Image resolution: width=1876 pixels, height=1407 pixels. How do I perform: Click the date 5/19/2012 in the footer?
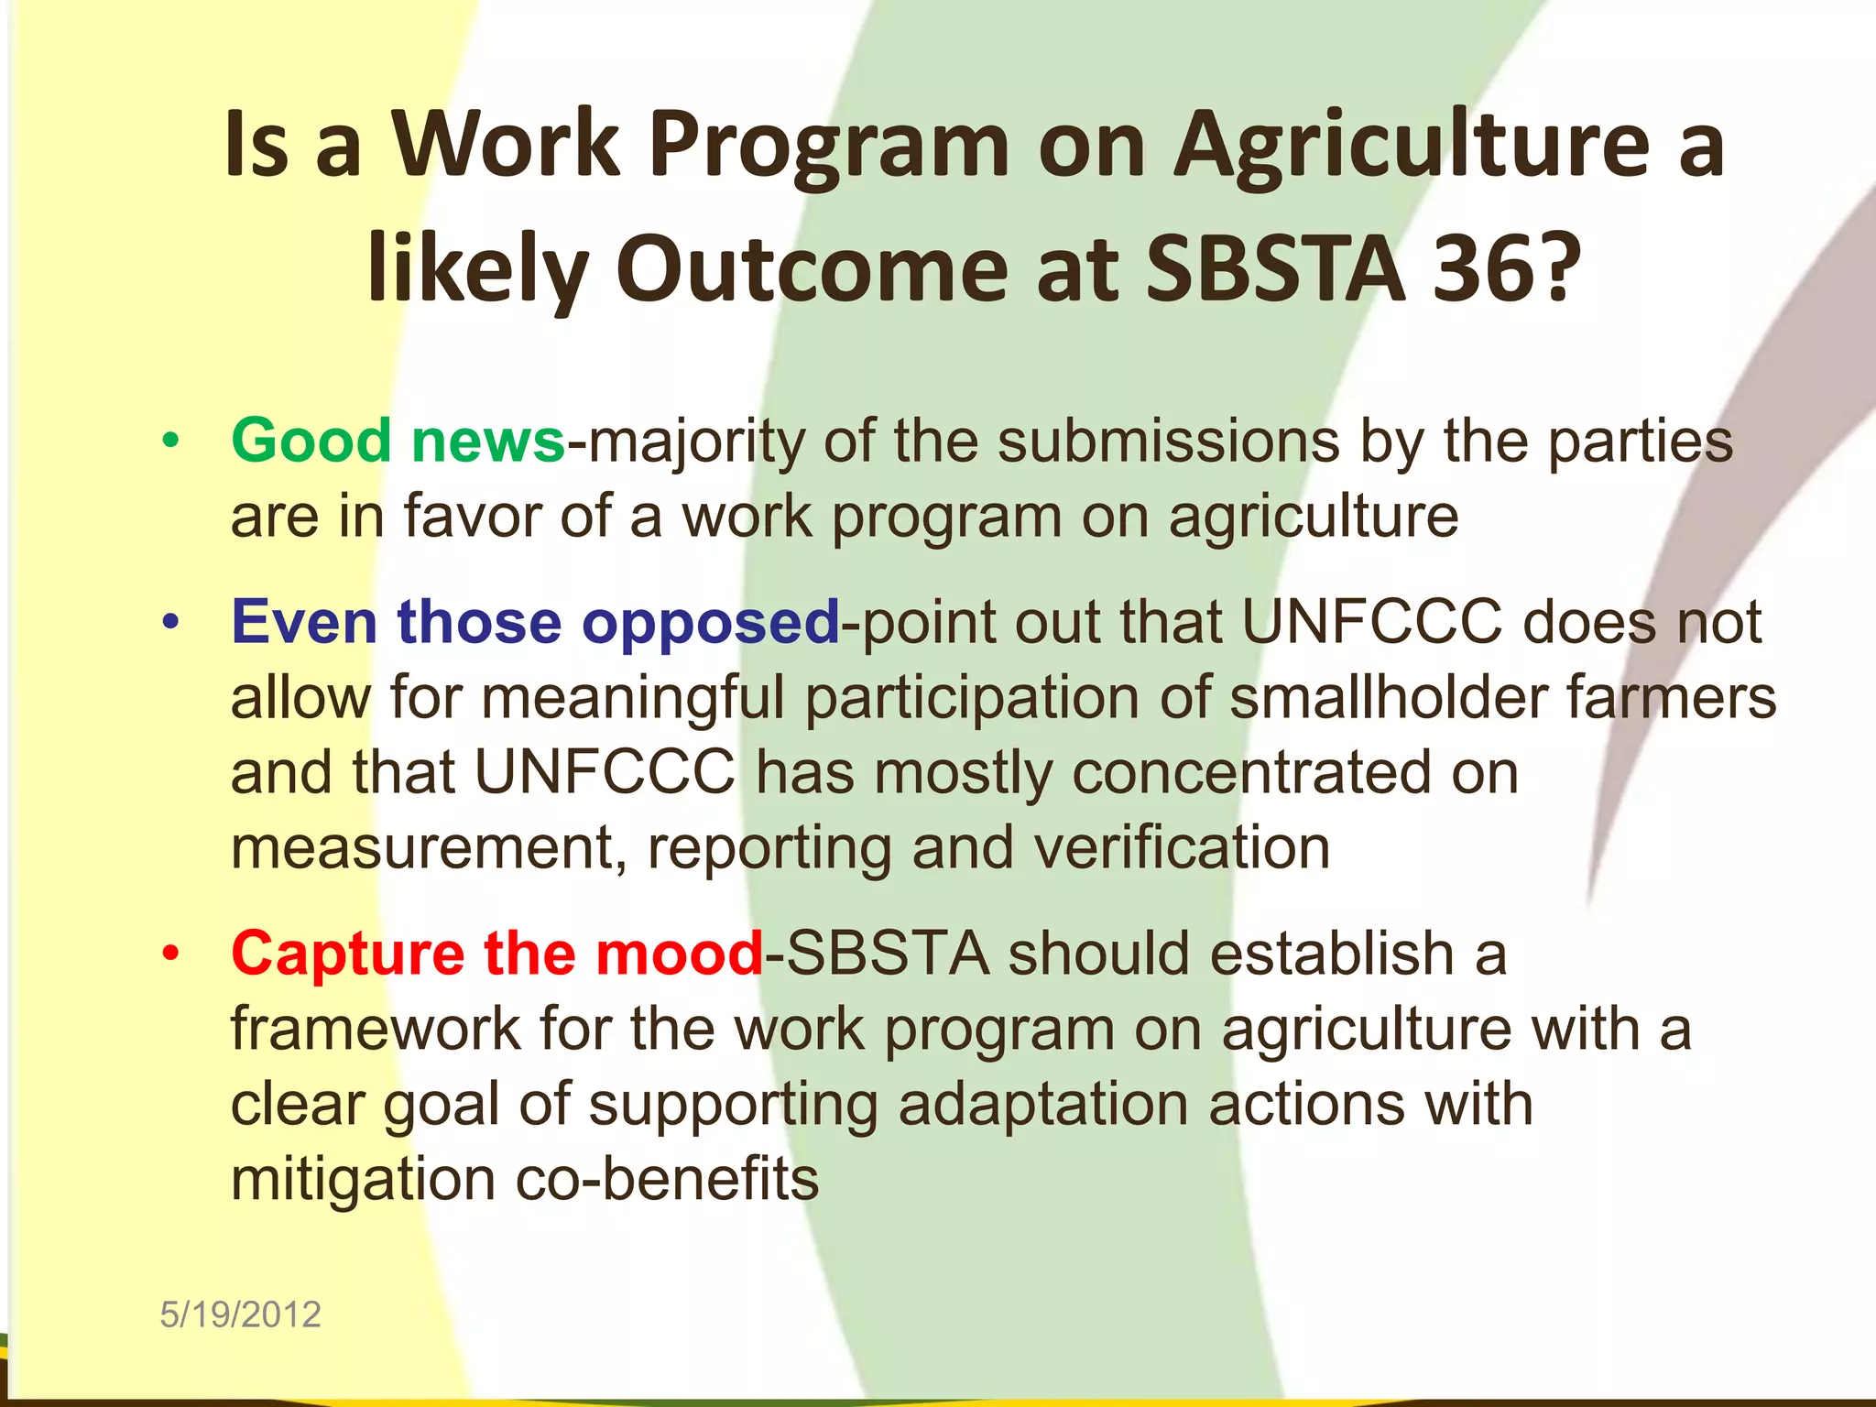240,1314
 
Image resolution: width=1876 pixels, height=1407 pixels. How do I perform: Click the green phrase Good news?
398,442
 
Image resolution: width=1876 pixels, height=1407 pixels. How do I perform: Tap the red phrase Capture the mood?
497,954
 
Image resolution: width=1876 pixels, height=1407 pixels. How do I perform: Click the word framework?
375,1030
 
